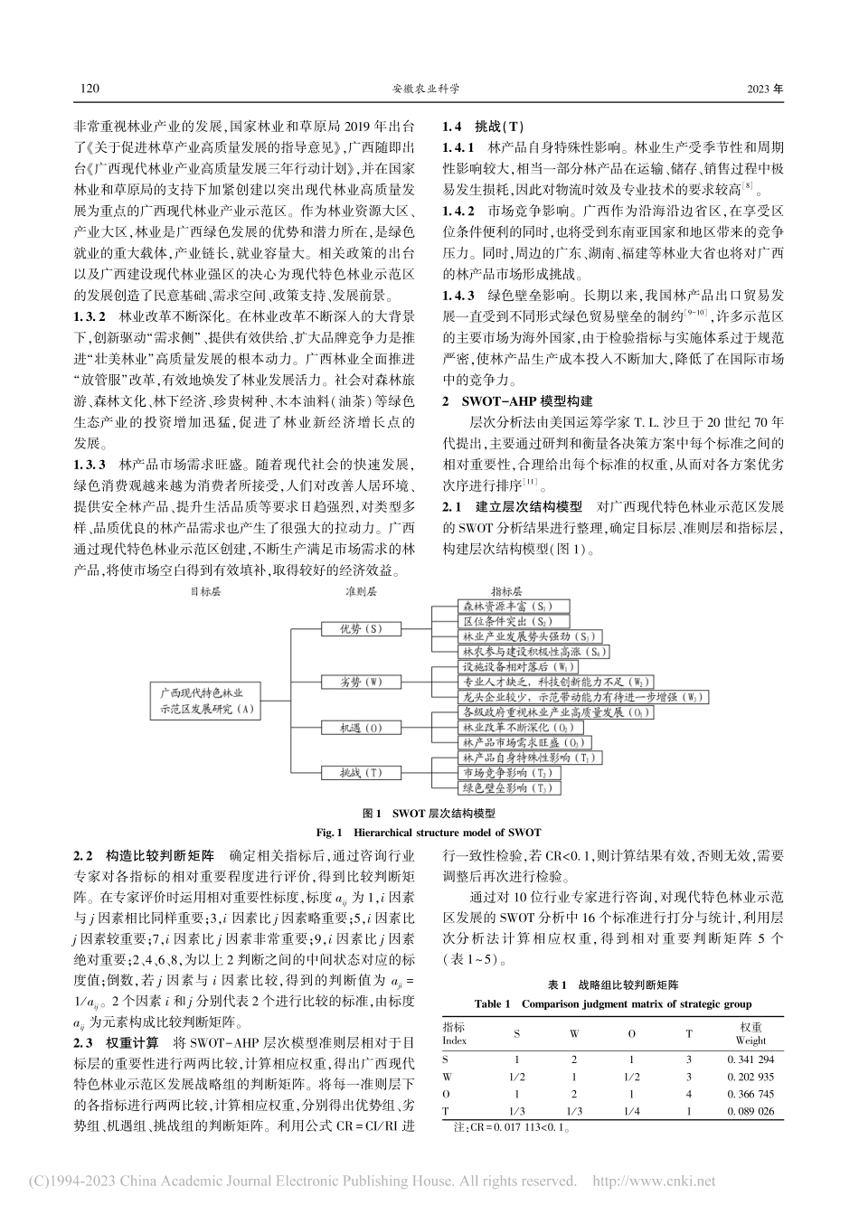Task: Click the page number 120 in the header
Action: click(89, 89)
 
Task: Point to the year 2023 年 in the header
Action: click(766, 89)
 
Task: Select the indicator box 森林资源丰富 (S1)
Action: click(503, 605)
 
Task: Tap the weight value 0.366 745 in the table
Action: click(750, 1093)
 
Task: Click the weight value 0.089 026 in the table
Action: click(750, 1110)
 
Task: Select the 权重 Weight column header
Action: click(750, 1033)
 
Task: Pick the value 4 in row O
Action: click(689, 1093)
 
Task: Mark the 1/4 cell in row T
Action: click(630, 1110)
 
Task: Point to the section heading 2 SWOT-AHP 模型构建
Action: click(516, 400)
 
